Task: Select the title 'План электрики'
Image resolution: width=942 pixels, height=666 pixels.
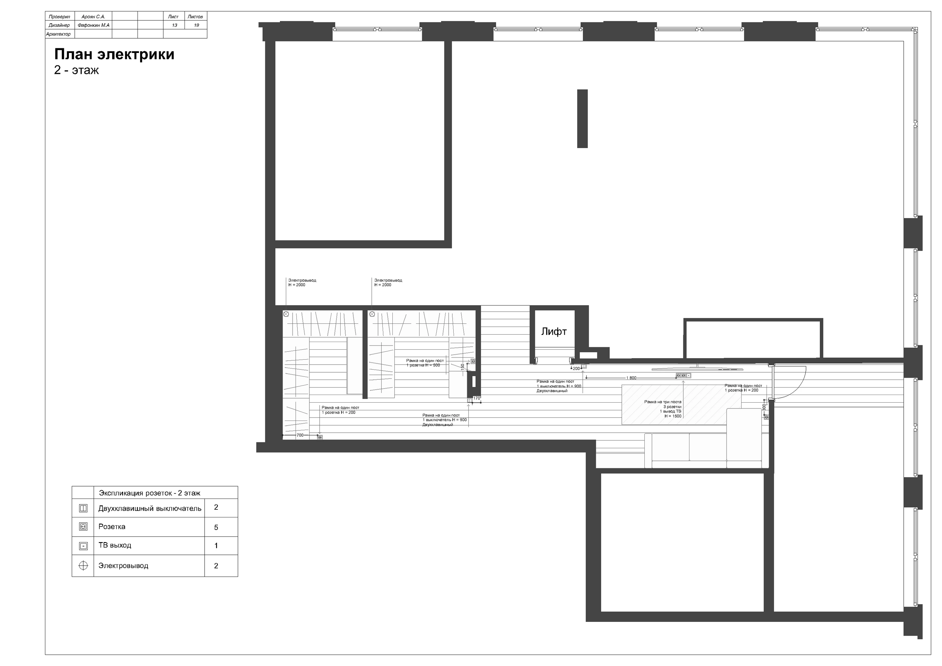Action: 115,54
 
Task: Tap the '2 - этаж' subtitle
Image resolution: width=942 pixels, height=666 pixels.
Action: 76,70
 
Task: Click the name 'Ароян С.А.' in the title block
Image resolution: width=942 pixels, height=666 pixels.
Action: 94,17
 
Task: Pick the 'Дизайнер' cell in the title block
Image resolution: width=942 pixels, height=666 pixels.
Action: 59,25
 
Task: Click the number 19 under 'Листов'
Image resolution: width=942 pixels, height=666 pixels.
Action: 197,25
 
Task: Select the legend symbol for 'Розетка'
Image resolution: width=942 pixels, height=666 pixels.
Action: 83,527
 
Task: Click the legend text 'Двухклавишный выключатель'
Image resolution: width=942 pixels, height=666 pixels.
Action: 150,509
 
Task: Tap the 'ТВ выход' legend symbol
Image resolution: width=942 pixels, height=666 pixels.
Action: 83,546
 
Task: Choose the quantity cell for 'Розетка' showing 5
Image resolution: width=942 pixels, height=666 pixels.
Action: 216,527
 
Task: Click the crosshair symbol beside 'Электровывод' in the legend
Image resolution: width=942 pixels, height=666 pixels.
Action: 83,566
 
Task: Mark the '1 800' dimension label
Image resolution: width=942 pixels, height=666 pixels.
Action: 631,378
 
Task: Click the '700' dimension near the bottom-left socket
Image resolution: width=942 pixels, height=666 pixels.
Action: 300,435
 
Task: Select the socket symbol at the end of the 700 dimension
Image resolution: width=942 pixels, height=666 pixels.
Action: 320,437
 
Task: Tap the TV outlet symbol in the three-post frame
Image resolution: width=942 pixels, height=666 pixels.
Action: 689,375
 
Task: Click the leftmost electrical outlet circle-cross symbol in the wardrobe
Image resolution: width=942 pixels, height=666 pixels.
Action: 286,314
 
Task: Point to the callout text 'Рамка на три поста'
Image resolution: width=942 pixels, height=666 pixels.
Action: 663,402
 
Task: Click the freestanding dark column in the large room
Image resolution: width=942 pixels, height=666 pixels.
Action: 582,119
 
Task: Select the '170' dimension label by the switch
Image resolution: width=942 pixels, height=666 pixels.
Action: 477,398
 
